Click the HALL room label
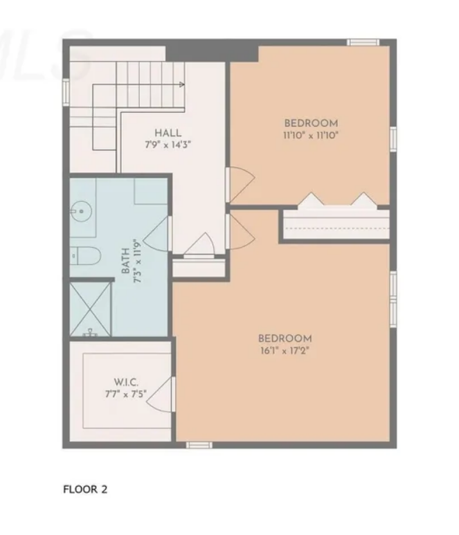coord(168,133)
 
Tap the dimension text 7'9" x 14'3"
coord(168,145)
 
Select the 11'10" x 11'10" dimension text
coord(311,136)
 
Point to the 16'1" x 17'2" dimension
coord(285,351)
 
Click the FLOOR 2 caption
coord(85,489)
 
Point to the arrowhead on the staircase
coord(181,85)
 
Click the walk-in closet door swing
coord(161,395)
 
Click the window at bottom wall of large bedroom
coord(199,444)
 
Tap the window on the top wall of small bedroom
coord(362,42)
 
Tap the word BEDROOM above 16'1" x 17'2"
coord(285,338)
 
